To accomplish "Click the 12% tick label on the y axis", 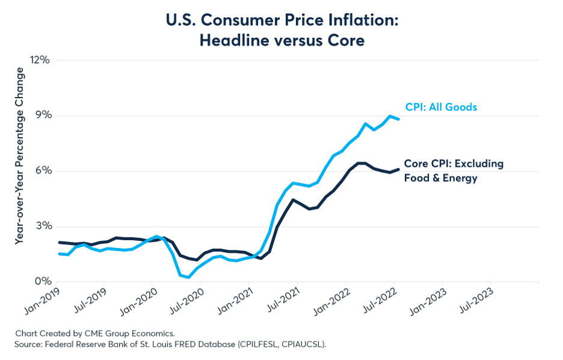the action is click(40, 60).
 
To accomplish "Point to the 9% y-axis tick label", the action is click(42, 116).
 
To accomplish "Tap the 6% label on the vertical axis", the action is click(42, 170).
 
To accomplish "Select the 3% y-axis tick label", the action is click(42, 226).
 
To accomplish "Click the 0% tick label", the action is click(42, 281).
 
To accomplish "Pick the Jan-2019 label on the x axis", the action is click(42, 301).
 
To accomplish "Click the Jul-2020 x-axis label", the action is click(186, 301).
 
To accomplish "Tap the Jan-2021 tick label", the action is click(235, 301).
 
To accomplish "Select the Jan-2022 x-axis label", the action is click(331, 301).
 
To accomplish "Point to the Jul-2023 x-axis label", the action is click(476, 301).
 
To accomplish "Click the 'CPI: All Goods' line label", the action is click(441, 107).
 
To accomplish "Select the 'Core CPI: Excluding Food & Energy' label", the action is click(454, 170).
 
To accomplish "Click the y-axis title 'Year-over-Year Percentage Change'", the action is click(19, 156).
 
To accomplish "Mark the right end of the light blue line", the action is click(398, 119).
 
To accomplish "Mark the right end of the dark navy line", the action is click(398, 169).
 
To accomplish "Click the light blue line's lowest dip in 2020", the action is click(188, 278).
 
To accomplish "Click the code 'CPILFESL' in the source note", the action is click(257, 344).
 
